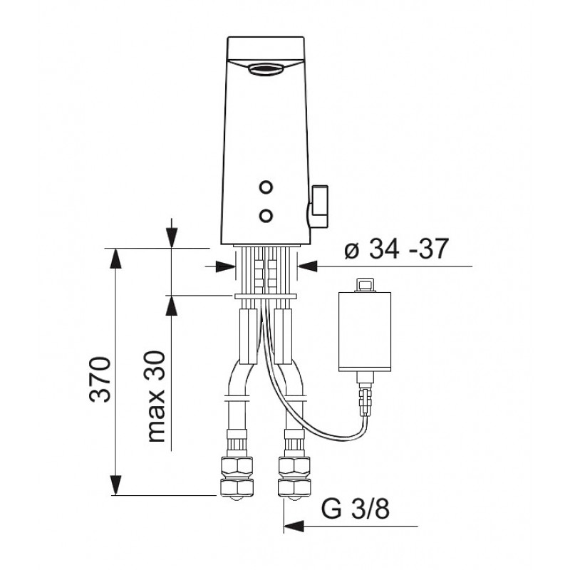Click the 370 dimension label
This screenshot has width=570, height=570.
[x=100, y=380]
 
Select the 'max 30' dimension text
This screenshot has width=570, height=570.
[x=157, y=397]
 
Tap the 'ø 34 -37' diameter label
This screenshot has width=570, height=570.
[x=397, y=249]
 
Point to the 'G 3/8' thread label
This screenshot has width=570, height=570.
[x=355, y=509]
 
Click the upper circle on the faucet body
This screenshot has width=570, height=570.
[x=266, y=187]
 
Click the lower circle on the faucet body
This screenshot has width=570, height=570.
[x=266, y=216]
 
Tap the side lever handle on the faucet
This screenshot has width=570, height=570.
[x=318, y=207]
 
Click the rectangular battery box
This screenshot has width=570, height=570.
[x=365, y=332]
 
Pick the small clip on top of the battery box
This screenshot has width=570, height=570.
[x=364, y=285]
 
